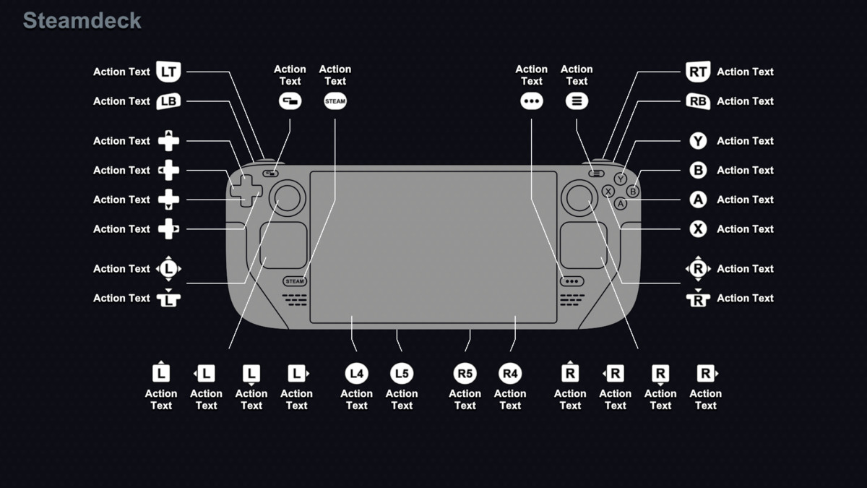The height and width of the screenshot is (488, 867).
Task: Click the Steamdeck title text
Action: [82, 21]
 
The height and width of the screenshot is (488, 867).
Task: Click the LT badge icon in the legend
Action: [168, 72]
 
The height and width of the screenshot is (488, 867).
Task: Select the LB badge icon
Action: [168, 101]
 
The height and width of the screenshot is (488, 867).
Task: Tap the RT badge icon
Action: [698, 72]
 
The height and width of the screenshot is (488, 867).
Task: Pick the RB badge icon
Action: [698, 101]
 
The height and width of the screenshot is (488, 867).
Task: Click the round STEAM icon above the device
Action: [335, 101]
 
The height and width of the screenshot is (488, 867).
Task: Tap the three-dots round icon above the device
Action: [531, 101]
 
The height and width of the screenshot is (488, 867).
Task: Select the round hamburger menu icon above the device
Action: [577, 101]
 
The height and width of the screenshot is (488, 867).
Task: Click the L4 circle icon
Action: [356, 374]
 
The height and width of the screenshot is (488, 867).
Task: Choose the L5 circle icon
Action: [402, 374]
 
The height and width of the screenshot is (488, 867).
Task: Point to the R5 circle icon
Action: [465, 374]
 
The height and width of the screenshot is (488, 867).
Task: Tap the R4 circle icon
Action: [510, 374]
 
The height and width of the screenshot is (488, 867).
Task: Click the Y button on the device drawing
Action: [620, 179]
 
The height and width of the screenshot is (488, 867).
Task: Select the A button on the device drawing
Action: [620, 204]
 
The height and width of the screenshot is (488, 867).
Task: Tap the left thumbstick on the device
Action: [288, 197]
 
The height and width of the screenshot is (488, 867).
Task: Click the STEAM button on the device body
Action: [295, 281]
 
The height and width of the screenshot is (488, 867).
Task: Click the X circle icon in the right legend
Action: [698, 229]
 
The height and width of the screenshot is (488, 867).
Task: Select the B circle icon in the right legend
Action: [698, 171]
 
